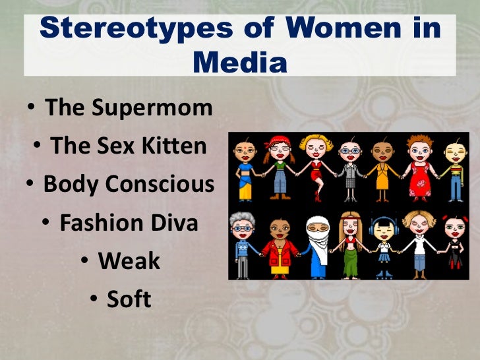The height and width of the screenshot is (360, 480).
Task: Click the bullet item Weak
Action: (x=129, y=261)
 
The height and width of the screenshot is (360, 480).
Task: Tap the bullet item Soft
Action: (x=129, y=299)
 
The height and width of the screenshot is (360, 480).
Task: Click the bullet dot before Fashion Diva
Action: (x=48, y=223)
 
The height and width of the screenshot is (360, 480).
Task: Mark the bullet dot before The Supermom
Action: (x=33, y=107)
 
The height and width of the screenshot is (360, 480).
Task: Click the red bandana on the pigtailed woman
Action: (x=277, y=141)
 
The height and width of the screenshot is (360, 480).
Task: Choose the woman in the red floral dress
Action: (x=419, y=168)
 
